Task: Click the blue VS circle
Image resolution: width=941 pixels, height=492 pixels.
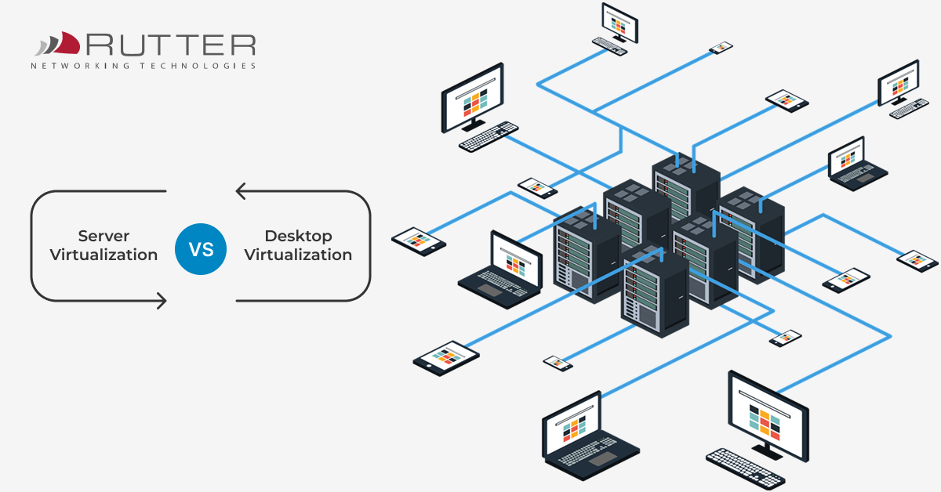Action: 201,249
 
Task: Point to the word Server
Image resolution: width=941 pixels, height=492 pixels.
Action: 104,236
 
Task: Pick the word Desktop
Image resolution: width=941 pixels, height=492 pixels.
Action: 298,236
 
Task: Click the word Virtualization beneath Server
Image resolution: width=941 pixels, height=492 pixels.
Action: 104,255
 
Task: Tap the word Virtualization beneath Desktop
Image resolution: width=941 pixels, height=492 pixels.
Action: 298,255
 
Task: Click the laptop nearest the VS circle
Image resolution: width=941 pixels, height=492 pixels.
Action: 502,266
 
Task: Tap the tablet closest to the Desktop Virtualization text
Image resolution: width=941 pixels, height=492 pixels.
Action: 418,241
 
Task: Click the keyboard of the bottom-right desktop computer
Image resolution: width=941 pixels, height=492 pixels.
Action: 745,468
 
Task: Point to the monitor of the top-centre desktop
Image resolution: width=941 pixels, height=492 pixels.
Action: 619,22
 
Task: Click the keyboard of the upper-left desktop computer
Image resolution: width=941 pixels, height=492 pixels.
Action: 489,136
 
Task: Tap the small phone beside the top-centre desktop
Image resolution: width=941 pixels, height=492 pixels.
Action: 721,48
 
